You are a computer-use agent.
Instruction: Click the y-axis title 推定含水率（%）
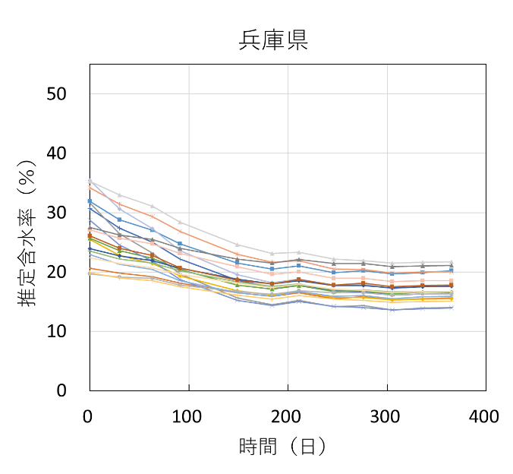29,233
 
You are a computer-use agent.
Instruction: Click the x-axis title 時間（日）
282,447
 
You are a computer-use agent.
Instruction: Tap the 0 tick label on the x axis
90,416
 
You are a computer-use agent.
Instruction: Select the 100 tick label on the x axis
188,416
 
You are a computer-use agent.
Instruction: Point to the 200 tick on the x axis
287,416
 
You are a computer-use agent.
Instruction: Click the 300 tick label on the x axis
386,416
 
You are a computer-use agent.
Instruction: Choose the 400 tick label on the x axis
485,416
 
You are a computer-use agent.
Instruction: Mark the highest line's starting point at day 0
90,181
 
